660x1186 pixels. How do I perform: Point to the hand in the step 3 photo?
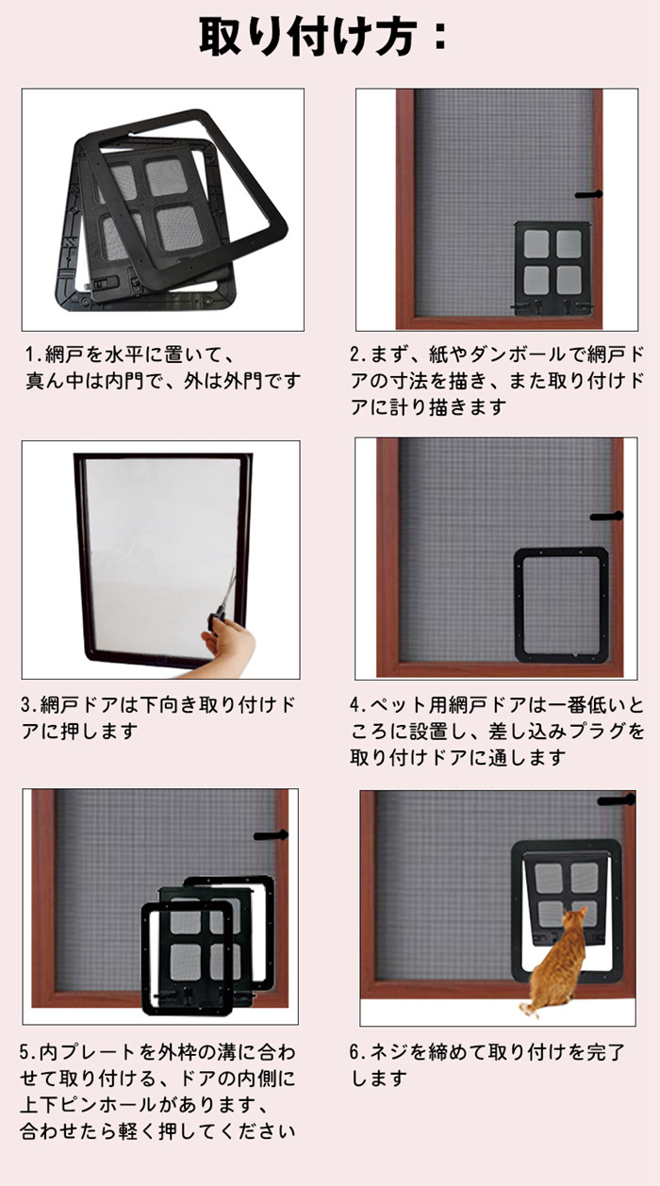(x=228, y=647)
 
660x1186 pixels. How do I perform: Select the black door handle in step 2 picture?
(x=589, y=195)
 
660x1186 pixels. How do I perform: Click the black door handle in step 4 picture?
(x=606, y=516)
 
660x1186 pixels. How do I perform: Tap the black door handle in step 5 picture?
(x=271, y=835)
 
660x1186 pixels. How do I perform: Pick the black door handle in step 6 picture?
(x=617, y=800)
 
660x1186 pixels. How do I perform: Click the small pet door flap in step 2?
(x=553, y=269)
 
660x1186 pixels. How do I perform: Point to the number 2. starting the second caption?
(x=358, y=354)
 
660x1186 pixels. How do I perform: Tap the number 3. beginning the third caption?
(x=29, y=704)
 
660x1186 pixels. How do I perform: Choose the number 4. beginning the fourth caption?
(x=358, y=704)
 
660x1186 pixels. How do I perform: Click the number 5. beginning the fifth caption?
(x=29, y=1052)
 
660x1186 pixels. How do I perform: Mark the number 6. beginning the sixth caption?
(x=358, y=1052)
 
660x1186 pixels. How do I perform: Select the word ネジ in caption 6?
(x=389, y=1052)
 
